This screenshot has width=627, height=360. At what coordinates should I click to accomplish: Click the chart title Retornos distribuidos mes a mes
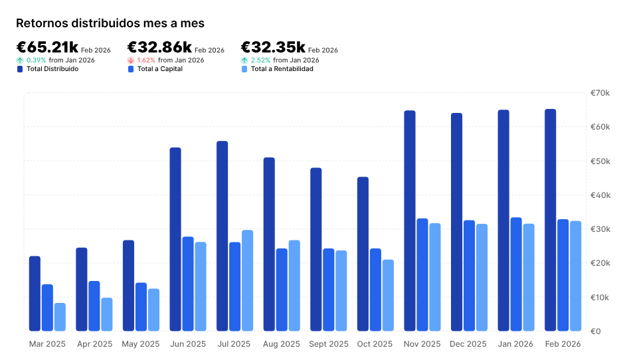pos(110,23)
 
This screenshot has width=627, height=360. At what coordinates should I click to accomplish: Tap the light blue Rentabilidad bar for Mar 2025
pos(60,317)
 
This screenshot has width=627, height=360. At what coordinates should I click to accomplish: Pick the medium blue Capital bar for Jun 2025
pos(188,284)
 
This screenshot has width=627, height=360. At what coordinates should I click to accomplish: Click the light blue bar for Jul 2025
pos(247,280)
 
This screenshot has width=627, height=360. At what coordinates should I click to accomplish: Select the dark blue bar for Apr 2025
pos(82,289)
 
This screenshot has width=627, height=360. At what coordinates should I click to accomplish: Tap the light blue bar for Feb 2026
pos(575,276)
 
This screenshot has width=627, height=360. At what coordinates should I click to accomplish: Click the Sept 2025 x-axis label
pos(329,344)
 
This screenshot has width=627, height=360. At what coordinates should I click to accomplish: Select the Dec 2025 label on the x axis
pos(468,344)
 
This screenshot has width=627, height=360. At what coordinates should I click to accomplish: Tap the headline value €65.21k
pos(47,47)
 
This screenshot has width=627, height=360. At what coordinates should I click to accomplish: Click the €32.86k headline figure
pos(159,47)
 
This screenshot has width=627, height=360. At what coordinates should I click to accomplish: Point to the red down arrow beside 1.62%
pos(131,60)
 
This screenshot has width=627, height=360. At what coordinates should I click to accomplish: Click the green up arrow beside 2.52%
pos(244,60)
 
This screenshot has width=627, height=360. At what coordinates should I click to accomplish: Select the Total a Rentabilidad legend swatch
pos(244,68)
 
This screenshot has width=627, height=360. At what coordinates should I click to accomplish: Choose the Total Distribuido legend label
pos(52,68)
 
